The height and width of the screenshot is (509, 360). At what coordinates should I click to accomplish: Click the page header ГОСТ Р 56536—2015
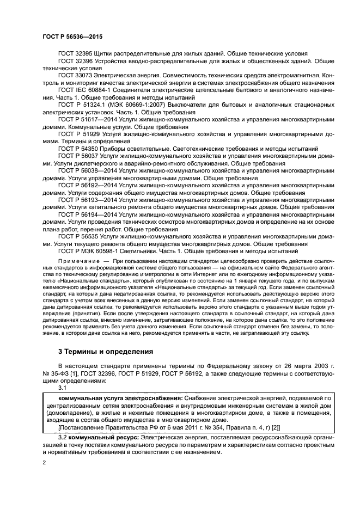coord(72,36)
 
